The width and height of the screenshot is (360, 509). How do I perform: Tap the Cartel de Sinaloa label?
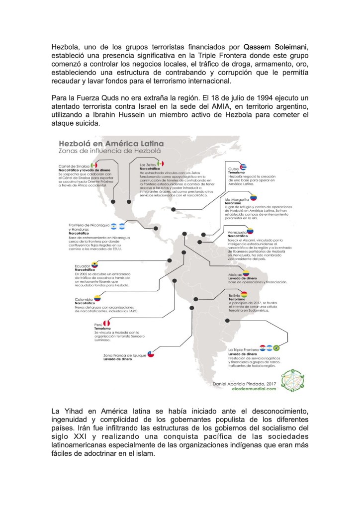pos(74,165)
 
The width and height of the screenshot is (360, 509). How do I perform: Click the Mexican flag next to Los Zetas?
pos(161,164)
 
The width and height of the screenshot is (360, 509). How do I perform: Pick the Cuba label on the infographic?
pos(233,169)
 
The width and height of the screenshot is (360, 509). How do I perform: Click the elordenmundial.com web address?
pos(249,390)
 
